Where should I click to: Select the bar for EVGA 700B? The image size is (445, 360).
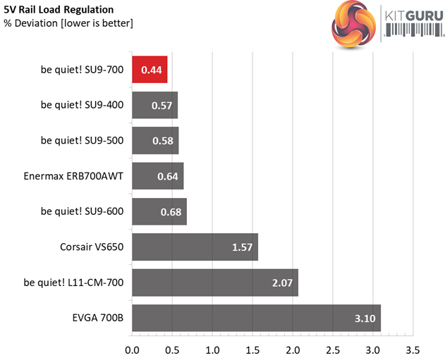point(256,318)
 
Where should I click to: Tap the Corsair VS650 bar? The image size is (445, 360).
point(195,247)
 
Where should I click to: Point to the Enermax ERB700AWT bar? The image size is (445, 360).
point(157,175)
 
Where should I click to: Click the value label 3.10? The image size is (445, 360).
point(365,318)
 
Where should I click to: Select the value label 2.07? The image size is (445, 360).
point(284,282)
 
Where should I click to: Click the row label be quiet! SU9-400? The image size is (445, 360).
point(82,105)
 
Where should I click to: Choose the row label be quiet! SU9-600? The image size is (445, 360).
point(82,211)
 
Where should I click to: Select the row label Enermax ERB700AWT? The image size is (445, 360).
point(73,175)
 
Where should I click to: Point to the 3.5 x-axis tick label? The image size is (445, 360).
point(413,349)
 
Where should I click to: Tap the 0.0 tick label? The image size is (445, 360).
point(132,349)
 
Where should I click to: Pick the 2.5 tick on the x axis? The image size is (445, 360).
point(333,349)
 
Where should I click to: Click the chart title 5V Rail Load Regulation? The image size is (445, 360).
point(58,10)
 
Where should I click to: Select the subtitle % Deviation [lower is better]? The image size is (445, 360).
point(68,23)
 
